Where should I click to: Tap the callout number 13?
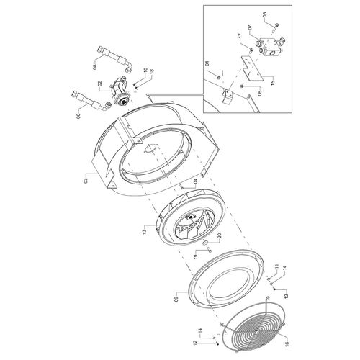[144, 233]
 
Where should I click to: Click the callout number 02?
[100, 84]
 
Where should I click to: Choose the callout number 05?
[265, 14]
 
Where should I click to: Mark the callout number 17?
[240, 36]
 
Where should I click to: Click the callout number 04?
[195, 184]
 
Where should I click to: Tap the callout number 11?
[276, 266]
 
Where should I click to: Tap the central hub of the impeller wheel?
[191, 217]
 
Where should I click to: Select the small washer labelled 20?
[206, 243]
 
